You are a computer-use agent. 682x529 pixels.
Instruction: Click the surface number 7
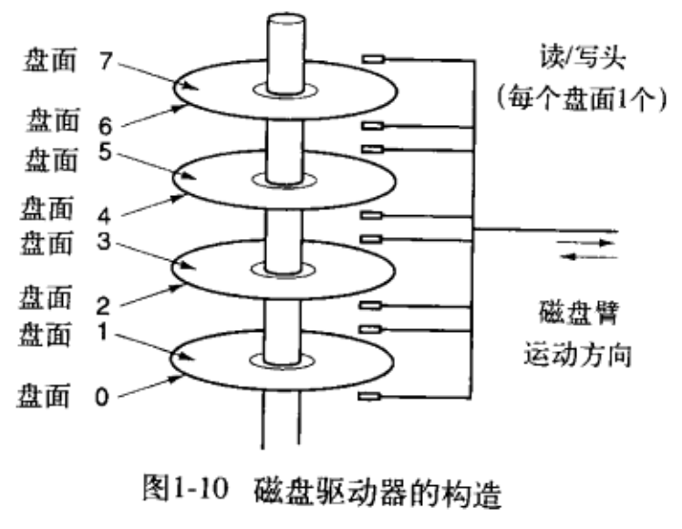tap(106, 60)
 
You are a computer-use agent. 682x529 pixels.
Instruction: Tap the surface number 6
tap(105, 126)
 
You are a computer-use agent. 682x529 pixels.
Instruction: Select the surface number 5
tap(105, 151)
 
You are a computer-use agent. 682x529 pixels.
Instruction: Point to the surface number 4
tap(104, 215)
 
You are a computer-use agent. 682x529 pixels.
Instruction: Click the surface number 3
tap(104, 242)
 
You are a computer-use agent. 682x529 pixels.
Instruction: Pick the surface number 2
tap(103, 306)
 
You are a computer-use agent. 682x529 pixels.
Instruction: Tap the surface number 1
tap(103, 332)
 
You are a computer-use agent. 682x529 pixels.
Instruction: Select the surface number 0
tap(102, 397)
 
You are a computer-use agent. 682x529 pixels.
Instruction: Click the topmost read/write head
tap(374, 58)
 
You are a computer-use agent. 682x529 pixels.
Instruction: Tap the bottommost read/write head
tap(369, 396)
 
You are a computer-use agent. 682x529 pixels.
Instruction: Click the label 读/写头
tap(583, 57)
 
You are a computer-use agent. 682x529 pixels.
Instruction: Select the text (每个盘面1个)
tap(582, 99)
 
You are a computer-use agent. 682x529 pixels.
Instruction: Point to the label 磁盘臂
tap(578, 312)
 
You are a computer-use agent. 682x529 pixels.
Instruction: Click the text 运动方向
tap(578, 355)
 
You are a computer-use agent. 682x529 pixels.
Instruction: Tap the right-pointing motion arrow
tap(586, 243)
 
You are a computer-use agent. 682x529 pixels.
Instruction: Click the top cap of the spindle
tap(286, 20)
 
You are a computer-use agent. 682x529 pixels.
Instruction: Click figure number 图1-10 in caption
tap(186, 488)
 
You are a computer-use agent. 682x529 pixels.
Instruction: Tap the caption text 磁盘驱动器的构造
tap(377, 492)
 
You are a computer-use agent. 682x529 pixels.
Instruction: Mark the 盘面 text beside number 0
tap(44, 396)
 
